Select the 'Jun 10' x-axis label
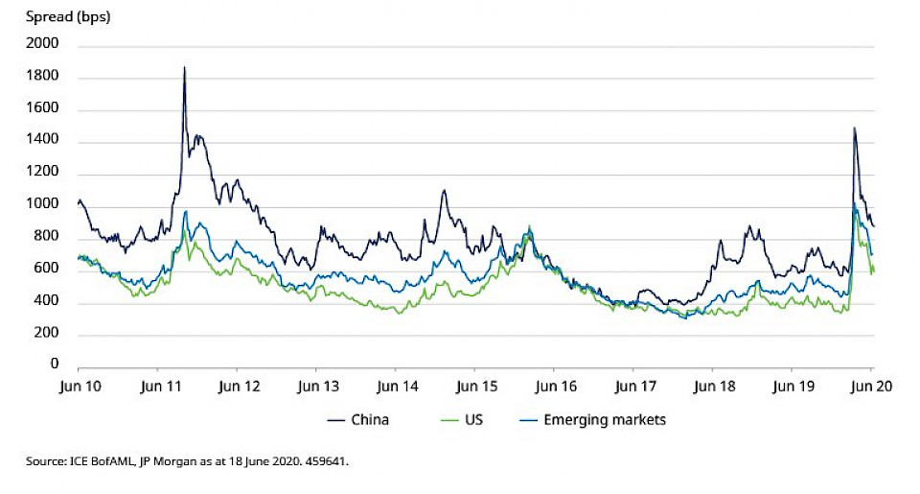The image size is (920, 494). pos(78,388)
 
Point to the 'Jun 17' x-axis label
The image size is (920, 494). pos(632,388)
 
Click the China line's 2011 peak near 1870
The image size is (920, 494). pos(184,67)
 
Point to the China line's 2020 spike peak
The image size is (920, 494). pos(853,128)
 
